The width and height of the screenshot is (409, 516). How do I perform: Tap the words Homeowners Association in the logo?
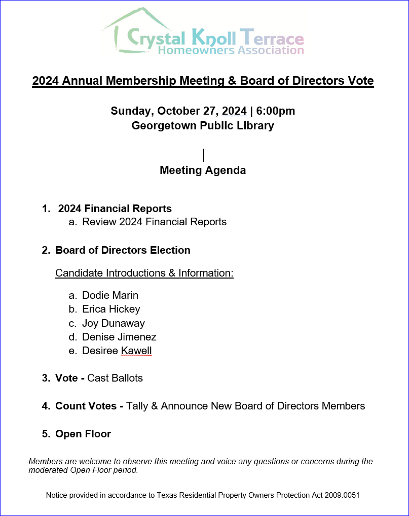coord(231,50)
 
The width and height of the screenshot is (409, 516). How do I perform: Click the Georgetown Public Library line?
coord(203,125)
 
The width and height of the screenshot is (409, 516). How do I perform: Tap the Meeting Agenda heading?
coord(203,170)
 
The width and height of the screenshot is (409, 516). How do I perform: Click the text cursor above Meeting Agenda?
coord(203,155)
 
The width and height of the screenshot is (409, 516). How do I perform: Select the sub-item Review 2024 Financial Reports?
coord(154,222)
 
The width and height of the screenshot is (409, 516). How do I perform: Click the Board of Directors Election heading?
coord(123,250)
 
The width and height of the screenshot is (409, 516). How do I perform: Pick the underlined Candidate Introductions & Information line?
coord(144,273)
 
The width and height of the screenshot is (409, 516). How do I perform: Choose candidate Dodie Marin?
coord(110,295)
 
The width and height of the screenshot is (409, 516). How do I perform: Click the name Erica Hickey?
coord(111,309)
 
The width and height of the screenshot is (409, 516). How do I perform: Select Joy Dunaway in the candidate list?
coord(114,323)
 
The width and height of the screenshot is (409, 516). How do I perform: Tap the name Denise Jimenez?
coord(119,337)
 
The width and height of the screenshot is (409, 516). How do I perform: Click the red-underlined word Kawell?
coord(136,351)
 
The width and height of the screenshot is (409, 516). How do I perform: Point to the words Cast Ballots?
coord(115,378)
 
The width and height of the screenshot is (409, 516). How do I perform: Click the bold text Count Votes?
coord(89,406)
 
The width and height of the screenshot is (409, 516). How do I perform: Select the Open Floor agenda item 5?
coord(83,434)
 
